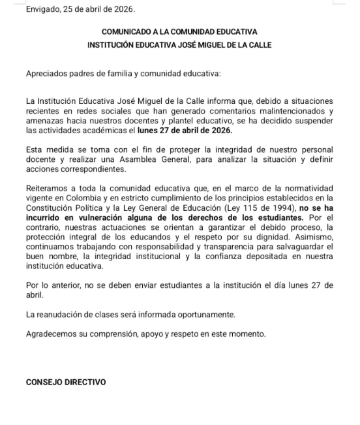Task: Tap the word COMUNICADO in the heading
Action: pos(128,31)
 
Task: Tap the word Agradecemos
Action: pos(54,334)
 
